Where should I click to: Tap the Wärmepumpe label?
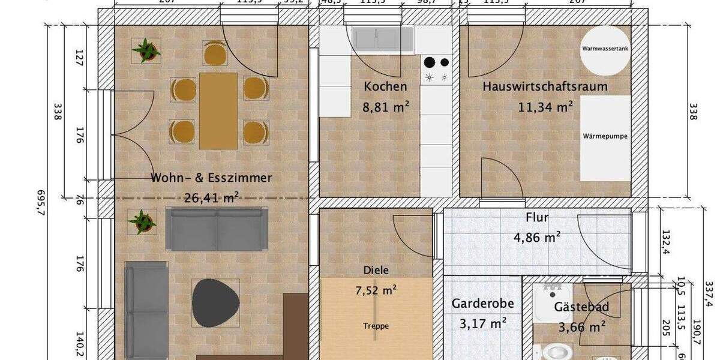point(605,136)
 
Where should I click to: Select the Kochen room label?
point(385,86)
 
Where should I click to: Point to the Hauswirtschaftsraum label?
point(545,86)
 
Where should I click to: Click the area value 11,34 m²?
point(545,107)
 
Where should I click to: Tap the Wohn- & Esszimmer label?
point(211,178)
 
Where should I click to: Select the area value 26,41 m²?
point(211,196)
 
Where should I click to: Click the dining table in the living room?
point(218,110)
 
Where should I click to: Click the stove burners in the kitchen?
point(436,68)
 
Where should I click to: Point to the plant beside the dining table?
point(146,50)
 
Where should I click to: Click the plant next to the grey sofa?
point(142,221)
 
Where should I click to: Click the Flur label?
point(537,217)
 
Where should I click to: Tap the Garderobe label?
point(482,304)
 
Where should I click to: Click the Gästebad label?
point(581,307)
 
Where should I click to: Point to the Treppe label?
point(376,326)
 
